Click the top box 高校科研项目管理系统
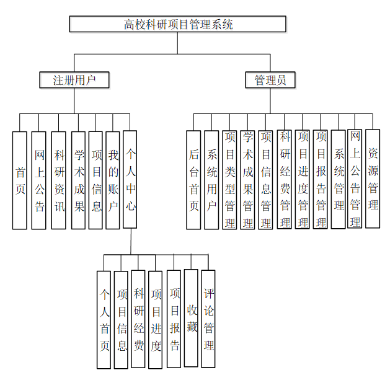178,24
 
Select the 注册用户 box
74,80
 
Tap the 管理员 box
270,80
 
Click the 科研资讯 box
59,180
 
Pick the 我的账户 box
113,180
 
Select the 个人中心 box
130,180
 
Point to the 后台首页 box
193,180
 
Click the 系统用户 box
212,180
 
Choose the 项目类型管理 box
230,180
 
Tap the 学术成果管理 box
248,180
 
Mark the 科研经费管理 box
285,180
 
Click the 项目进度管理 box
303,180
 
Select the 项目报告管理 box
321,180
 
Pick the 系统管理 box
339,180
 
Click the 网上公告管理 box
355,180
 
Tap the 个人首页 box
104,320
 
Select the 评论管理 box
209,320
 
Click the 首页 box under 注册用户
20,180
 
